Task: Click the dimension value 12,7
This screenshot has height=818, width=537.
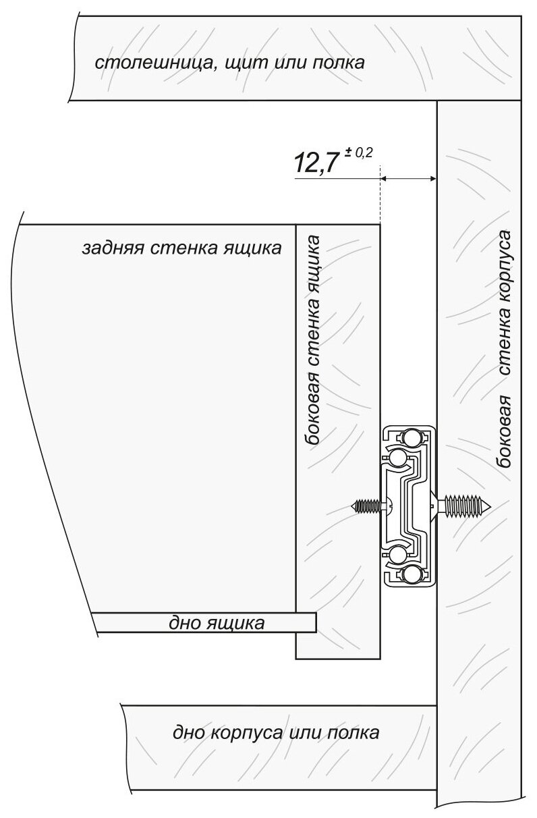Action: click(x=314, y=163)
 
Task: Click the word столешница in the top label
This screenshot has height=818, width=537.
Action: click(x=152, y=63)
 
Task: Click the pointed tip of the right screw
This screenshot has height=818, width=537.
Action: click(x=491, y=506)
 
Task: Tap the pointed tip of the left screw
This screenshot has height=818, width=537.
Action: click(x=352, y=506)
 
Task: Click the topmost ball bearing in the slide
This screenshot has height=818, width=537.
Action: click(x=410, y=437)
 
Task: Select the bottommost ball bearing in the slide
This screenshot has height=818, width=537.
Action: click(x=410, y=574)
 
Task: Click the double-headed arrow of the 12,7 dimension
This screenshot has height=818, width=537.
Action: click(x=409, y=179)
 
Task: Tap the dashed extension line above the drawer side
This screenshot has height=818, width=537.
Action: click(x=380, y=194)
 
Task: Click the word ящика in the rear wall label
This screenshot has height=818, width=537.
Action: click(x=257, y=248)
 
